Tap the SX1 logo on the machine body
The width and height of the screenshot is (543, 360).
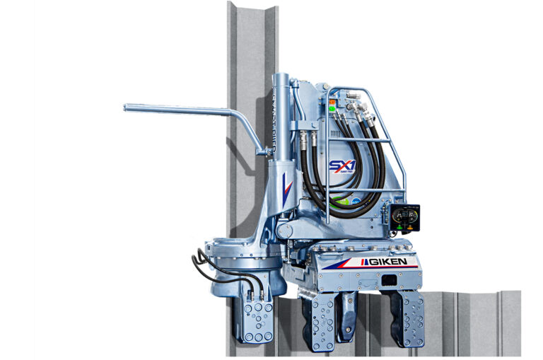pos(340,167)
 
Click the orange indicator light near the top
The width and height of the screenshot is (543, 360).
pos(332,102)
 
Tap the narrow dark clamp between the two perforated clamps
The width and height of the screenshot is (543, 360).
pos(348,315)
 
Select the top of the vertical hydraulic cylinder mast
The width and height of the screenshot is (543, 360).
pos(281,76)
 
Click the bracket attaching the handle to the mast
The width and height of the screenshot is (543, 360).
pos(263,150)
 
